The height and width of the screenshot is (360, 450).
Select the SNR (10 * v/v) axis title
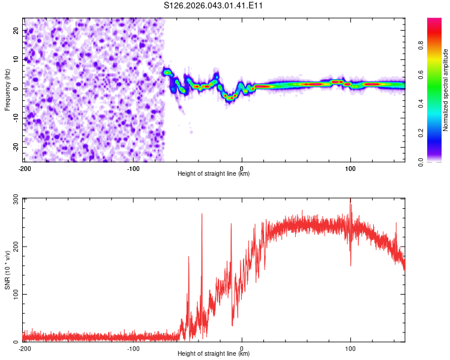coord(7,269)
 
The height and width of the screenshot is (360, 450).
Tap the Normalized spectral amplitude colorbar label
coord(446,90)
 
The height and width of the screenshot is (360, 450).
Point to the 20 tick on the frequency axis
coord(16,30)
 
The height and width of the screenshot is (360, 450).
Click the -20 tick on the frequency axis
coord(15,147)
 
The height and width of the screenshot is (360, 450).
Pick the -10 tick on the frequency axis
coord(15,118)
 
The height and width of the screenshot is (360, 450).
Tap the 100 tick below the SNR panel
coord(350,349)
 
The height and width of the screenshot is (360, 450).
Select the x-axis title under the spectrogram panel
coord(214,174)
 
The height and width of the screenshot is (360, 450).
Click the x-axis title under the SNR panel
coord(214,354)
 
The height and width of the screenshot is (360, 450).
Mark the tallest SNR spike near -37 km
coord(202,214)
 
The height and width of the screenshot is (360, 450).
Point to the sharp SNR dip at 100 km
coord(350,265)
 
